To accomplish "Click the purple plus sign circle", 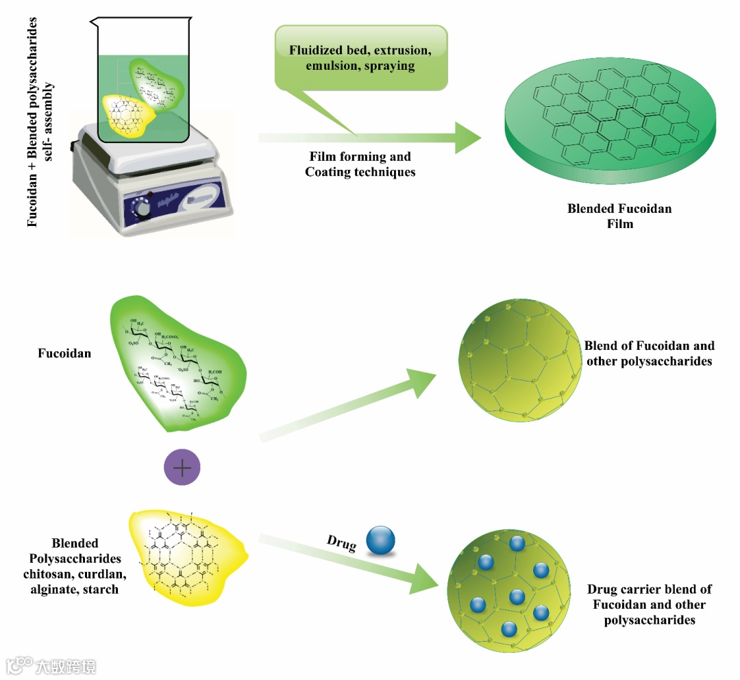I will (182, 468).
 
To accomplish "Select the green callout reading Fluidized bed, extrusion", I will (360, 58).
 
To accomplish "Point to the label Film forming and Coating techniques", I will (360, 165).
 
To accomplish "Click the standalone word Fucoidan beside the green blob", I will (64, 354).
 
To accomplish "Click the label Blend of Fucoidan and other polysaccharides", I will (649, 353).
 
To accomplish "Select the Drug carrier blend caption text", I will (649, 604).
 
